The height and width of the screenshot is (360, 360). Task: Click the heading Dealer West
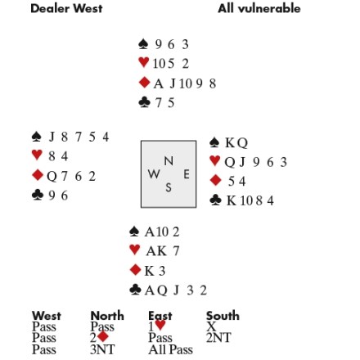coord(66,8)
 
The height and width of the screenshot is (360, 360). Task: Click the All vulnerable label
coord(259,8)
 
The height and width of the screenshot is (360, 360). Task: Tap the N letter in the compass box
coord(169,161)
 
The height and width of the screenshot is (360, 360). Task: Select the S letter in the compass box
coord(169,187)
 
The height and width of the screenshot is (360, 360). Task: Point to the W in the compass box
coord(154,173)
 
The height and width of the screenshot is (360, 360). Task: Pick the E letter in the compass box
coord(187,174)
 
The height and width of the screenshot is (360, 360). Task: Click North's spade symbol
coord(143,44)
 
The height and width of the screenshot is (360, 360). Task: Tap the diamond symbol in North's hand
coord(144,83)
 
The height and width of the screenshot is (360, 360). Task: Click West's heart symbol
coord(37,155)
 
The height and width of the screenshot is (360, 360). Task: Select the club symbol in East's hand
coord(215,200)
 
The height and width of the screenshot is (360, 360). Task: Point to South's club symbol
coord(136,290)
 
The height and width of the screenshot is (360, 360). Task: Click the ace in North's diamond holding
coord(159,83)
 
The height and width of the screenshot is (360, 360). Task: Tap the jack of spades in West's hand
coord(52,137)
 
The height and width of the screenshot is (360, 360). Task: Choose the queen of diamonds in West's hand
coord(52,177)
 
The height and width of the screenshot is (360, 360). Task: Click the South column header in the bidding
coord(223,316)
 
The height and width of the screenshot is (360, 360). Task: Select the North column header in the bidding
coord(107,316)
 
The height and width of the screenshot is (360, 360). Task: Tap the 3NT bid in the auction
coord(102,349)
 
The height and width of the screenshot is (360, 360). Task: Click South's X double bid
coord(211,326)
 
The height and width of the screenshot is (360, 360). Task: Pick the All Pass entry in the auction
coord(170,349)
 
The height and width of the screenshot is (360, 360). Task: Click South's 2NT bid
coord(218,338)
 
